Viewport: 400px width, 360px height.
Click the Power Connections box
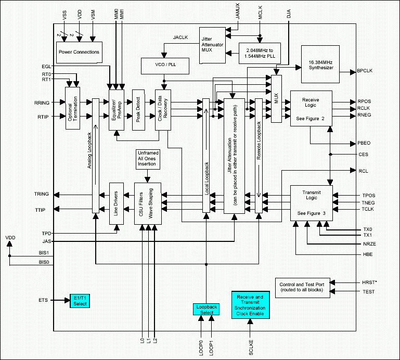click(79, 52)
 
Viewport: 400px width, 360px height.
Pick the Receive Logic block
click(311, 108)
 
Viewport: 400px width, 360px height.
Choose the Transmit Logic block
click(311, 202)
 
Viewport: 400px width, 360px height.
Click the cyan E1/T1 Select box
click(80, 300)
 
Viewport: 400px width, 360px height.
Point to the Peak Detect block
click(138, 109)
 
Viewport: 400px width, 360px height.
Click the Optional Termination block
click(71, 109)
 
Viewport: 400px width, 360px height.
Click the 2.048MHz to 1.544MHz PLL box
click(261, 52)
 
